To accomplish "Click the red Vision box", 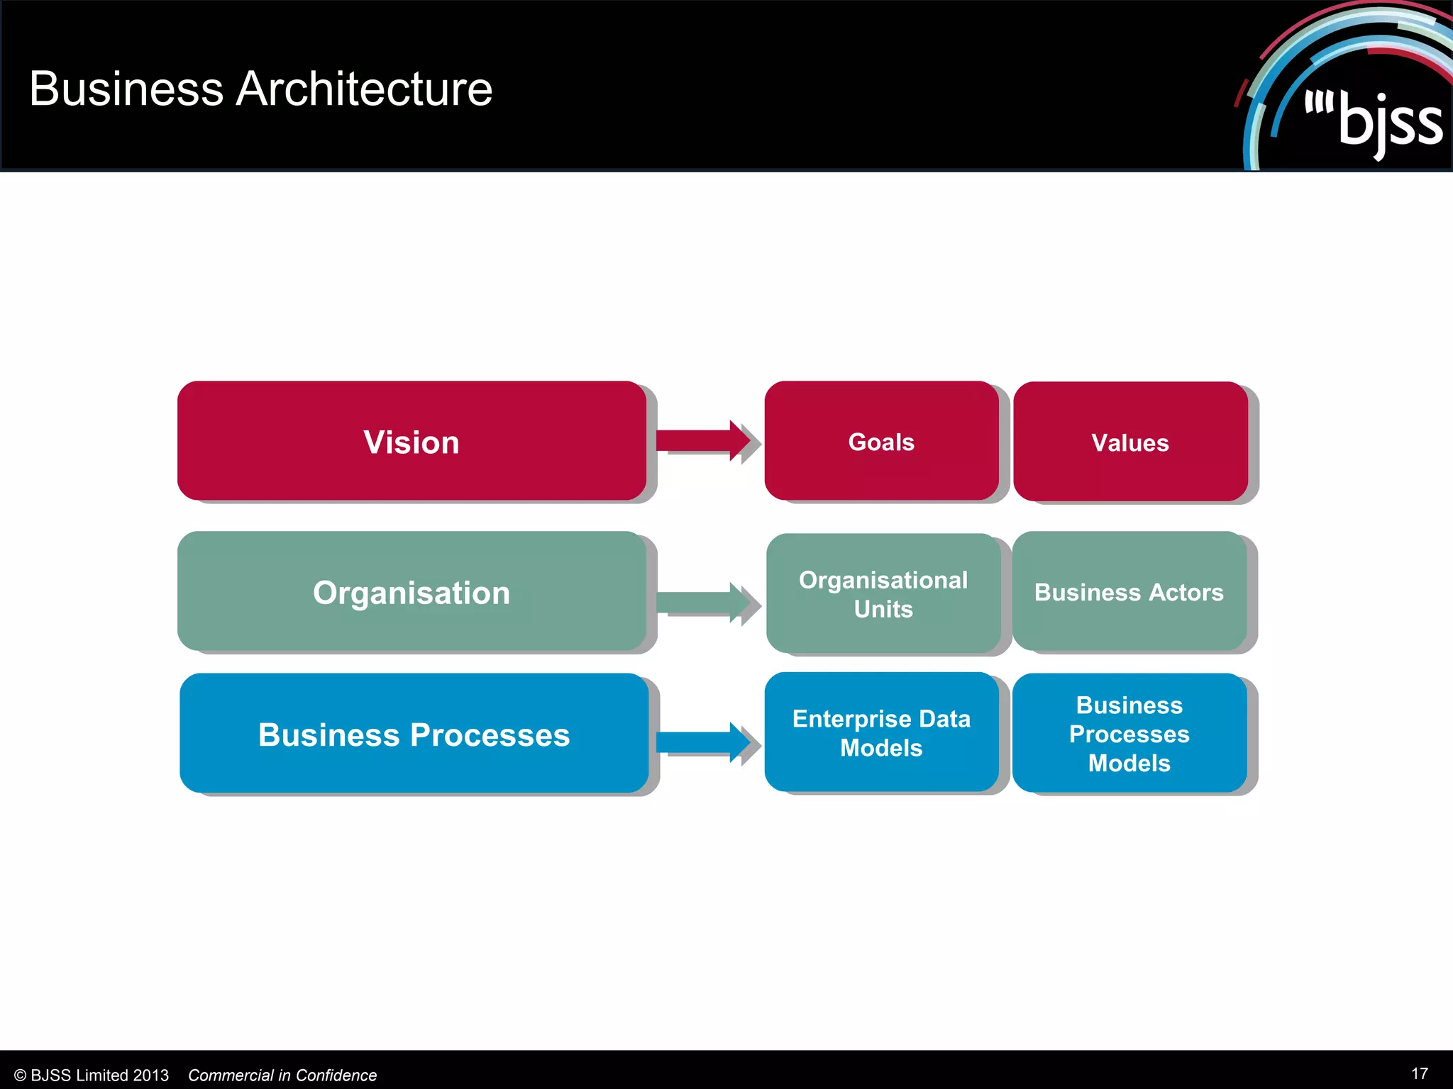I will click(x=411, y=441).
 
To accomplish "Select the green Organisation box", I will click(x=411, y=591).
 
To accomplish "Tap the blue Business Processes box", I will click(x=414, y=733).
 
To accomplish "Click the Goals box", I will click(x=881, y=441).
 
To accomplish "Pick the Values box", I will click(x=1129, y=442).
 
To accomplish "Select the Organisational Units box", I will click(x=883, y=593).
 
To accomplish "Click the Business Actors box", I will click(x=1129, y=591).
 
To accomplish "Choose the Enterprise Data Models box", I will click(x=881, y=732).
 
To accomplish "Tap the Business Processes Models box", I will click(x=1129, y=733).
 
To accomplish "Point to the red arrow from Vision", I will click(x=702, y=440).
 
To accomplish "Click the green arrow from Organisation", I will click(x=702, y=602).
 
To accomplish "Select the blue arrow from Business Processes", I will click(x=702, y=742).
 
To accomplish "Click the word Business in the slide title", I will click(x=126, y=89).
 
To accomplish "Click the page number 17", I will click(x=1419, y=1073).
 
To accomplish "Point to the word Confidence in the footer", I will click(x=336, y=1076).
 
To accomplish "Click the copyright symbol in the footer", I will click(x=20, y=1076).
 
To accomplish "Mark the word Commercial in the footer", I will click(x=230, y=1076).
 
